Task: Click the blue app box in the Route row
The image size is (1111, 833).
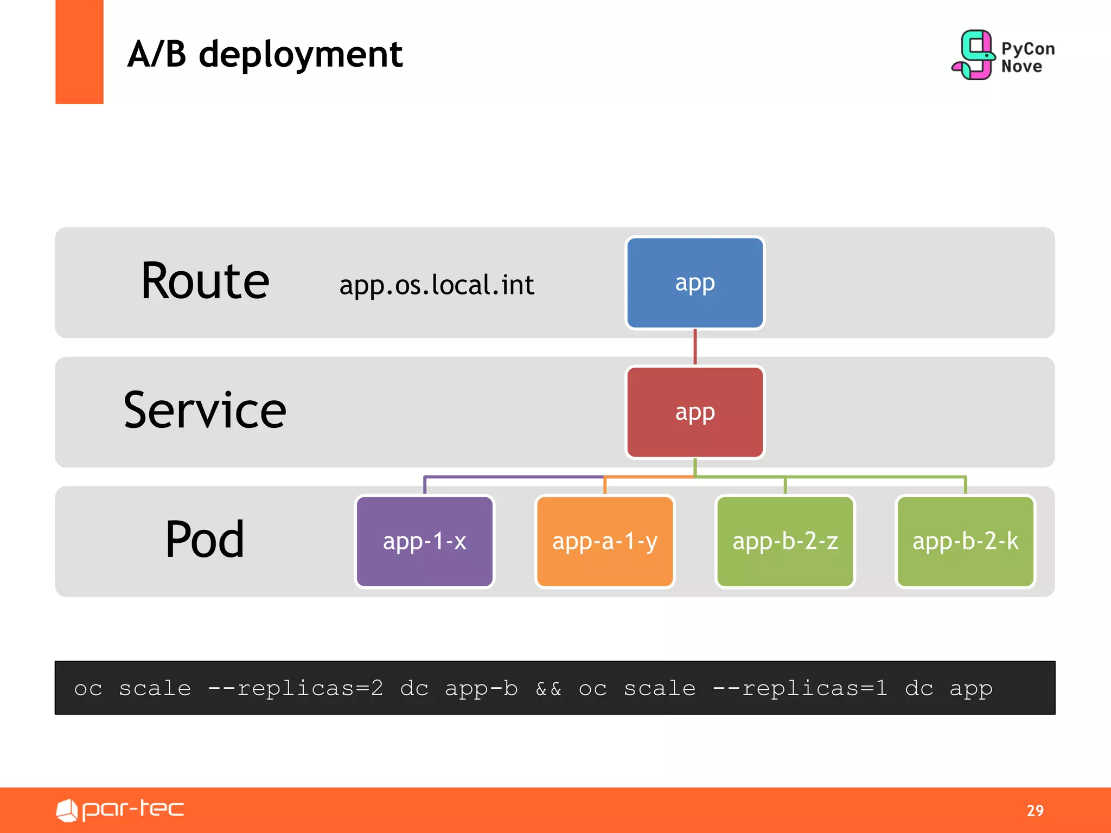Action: pos(694,283)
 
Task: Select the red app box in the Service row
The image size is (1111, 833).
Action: pos(694,412)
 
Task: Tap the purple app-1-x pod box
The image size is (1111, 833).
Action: pos(424,541)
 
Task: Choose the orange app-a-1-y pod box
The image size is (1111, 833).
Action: pos(604,541)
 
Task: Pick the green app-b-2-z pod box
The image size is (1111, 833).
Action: pos(785,541)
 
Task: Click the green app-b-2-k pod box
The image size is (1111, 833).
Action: pos(965,541)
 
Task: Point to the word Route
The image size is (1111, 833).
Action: pos(205,281)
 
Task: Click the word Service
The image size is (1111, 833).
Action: pos(205,411)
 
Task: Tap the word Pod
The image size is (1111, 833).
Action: pos(205,540)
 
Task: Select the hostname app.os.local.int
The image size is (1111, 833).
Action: pos(437,285)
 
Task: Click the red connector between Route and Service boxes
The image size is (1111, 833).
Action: pos(695,347)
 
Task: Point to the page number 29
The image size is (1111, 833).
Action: pos(1035,810)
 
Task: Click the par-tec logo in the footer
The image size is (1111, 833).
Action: pos(120,810)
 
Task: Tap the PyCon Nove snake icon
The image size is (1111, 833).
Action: pos(974,54)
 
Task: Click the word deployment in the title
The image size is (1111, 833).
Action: pos(301,55)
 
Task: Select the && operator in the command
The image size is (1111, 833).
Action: pos(548,689)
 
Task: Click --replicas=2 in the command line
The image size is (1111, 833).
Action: pos(296,689)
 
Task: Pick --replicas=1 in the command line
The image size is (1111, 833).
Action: pos(800,689)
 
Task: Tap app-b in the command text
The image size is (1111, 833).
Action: pos(481,689)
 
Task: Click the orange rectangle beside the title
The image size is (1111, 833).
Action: pos(79,52)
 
